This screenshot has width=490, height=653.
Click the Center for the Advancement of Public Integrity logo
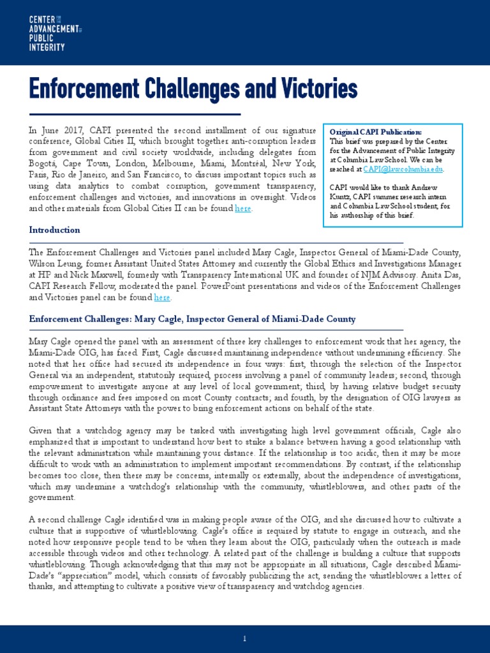55,34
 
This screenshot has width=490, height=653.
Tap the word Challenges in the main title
193,90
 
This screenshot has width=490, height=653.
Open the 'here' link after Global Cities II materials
242,209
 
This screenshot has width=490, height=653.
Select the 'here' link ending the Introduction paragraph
162,297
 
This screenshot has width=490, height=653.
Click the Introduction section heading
55,230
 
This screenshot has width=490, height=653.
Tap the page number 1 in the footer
245,638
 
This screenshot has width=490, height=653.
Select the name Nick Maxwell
108,275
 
